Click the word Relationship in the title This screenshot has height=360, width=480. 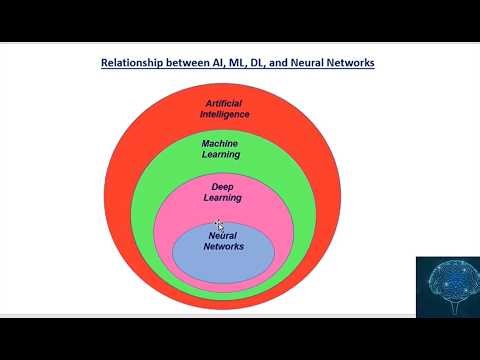tap(135, 63)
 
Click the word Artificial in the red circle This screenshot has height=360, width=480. tap(224, 103)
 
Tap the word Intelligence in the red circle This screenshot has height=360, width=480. tap(224, 114)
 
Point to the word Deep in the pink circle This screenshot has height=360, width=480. tap(223, 187)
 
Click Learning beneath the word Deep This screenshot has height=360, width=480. tap(223, 198)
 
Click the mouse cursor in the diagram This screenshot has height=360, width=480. tap(220, 226)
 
